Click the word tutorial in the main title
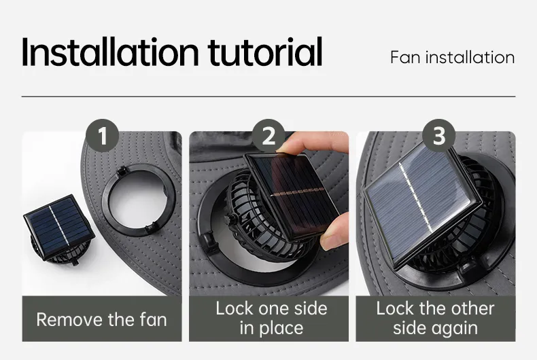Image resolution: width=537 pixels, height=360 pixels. pos(265,52)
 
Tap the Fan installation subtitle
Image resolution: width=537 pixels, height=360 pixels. pos(453,57)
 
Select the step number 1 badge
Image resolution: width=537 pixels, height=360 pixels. pos(103,136)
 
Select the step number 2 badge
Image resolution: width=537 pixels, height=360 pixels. pos(268,136)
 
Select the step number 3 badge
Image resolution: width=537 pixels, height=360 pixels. pos(438,136)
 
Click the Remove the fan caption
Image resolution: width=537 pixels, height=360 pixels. pos(102,320)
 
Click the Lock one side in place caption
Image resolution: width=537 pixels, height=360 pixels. pos(271,319)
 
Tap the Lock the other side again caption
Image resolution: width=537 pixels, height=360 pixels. pos(435,319)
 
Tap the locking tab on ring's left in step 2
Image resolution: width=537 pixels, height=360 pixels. pos(209,239)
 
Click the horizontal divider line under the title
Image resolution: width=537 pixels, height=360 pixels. pos(268,97)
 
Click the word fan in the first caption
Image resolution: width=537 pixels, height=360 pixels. pos(153,320)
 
